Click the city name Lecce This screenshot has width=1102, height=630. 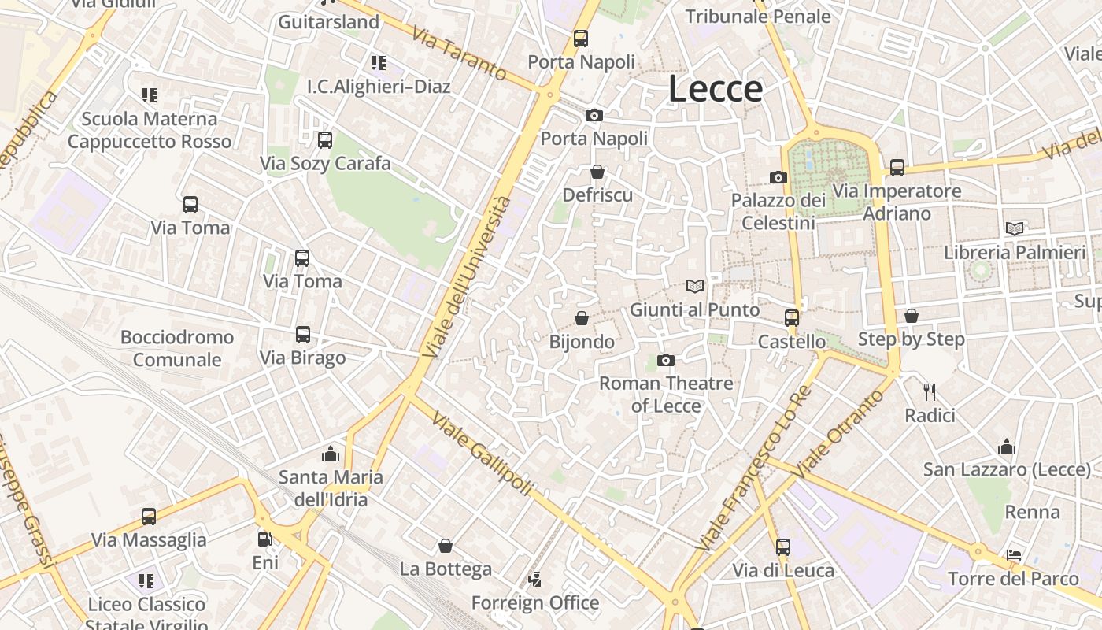coord(716,89)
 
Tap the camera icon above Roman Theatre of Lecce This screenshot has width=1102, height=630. coord(666,361)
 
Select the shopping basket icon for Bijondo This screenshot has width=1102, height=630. coord(582,318)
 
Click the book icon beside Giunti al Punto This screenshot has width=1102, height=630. coord(694,286)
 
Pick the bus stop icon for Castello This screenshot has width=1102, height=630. coord(792,318)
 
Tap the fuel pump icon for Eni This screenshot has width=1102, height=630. coord(265,539)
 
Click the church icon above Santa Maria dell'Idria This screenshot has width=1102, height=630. coord(331,454)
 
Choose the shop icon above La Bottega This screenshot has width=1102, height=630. coord(446,546)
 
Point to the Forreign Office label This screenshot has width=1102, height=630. coord(535,603)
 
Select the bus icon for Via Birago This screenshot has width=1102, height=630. coord(303,335)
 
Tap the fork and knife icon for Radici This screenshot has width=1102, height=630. coord(930,391)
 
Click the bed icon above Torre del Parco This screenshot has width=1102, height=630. coord(1014,555)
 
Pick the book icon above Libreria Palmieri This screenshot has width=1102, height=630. coord(1015,228)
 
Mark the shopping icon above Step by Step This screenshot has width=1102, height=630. coord(911,316)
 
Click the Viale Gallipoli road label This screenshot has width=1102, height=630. coord(482,455)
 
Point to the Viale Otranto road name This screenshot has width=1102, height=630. coord(835,433)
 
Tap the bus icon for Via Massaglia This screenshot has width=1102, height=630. coord(149,517)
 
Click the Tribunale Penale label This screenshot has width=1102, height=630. coord(758,17)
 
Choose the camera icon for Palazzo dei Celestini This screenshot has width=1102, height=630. coord(778,177)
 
